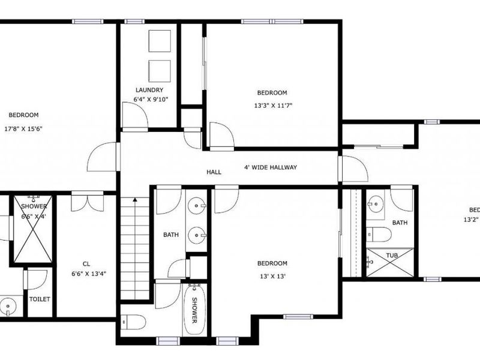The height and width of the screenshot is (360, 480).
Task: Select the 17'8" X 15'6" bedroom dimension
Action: pyautogui.click(x=24, y=128)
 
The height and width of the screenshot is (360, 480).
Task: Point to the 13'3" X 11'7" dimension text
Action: pyautogui.click(x=272, y=106)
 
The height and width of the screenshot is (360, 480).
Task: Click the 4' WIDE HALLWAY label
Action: pyautogui.click(x=270, y=167)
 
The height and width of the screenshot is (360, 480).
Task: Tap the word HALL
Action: pyautogui.click(x=214, y=172)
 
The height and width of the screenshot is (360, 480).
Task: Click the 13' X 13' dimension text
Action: pyautogui.click(x=272, y=276)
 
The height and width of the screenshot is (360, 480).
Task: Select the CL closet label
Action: pyautogui.click(x=86, y=263)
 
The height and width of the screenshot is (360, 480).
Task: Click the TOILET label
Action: pyautogui.click(x=40, y=299)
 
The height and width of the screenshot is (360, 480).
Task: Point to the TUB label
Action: pyautogui.click(x=391, y=256)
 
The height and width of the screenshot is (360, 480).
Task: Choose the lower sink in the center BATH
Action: pyautogui.click(x=197, y=234)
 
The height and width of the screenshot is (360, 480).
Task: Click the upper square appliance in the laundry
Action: pyautogui.click(x=160, y=41)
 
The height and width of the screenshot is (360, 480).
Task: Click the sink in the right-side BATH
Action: pyautogui.click(x=376, y=204)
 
